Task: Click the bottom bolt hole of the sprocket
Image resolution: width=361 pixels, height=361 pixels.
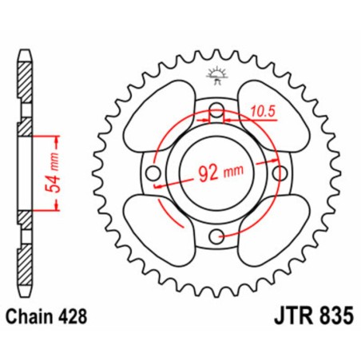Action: tap(216, 234)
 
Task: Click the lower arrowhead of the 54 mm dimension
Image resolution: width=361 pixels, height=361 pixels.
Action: tap(58, 208)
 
